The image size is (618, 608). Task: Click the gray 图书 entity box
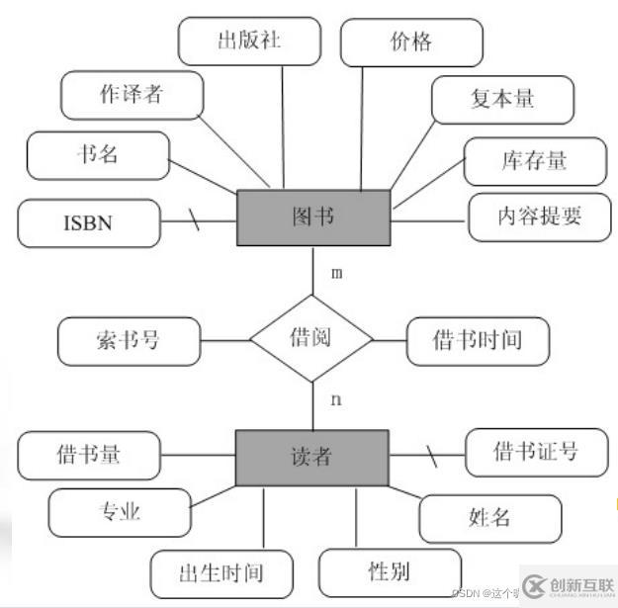click(312, 217)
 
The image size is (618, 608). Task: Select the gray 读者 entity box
click(311, 456)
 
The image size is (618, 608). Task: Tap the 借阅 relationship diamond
click(311, 339)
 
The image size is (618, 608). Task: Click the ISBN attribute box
click(88, 222)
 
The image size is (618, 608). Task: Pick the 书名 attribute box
click(97, 155)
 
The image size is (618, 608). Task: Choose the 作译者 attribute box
click(132, 95)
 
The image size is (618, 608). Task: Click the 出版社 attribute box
click(249, 42)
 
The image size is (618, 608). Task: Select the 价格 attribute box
click(411, 43)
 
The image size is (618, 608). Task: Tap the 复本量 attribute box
click(502, 99)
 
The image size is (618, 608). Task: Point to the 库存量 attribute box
click(535, 161)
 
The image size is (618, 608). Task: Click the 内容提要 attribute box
click(540, 217)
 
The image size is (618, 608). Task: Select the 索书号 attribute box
click(129, 340)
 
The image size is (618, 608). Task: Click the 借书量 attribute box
click(89, 455)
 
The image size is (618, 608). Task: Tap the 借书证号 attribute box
click(535, 453)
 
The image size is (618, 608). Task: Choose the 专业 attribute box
click(119, 511)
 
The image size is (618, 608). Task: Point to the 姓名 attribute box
click(488, 516)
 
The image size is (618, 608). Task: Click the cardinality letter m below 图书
click(336, 273)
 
